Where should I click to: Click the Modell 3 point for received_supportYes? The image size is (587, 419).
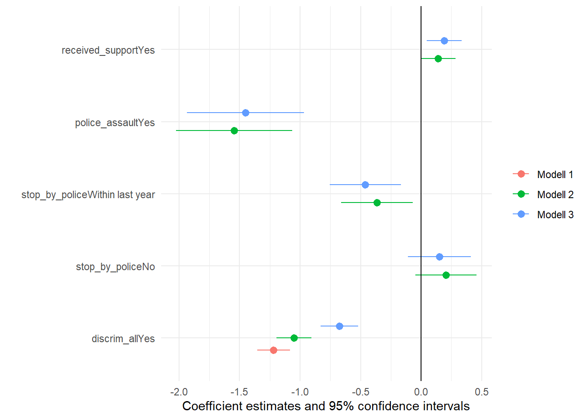444,41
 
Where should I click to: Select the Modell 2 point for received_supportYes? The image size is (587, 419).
438,58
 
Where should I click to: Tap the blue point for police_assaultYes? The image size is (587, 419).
245,113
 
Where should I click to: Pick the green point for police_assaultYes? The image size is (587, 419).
234,131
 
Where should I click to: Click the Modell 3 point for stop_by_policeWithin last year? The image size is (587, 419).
365,185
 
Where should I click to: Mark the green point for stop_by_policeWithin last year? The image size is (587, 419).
377,203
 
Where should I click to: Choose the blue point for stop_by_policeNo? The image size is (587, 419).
439,257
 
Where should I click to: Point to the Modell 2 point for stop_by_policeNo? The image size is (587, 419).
446,275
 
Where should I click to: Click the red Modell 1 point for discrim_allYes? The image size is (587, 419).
273,350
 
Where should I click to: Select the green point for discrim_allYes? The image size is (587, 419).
294,338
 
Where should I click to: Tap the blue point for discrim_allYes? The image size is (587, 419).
339,326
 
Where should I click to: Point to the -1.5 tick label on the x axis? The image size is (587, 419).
239,392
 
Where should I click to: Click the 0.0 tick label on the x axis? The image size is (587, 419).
421,392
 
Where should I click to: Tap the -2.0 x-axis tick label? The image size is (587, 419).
179,392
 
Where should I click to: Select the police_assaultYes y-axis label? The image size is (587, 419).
115,123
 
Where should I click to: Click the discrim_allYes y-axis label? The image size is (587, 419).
123,339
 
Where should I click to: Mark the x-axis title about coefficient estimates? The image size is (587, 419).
326,406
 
